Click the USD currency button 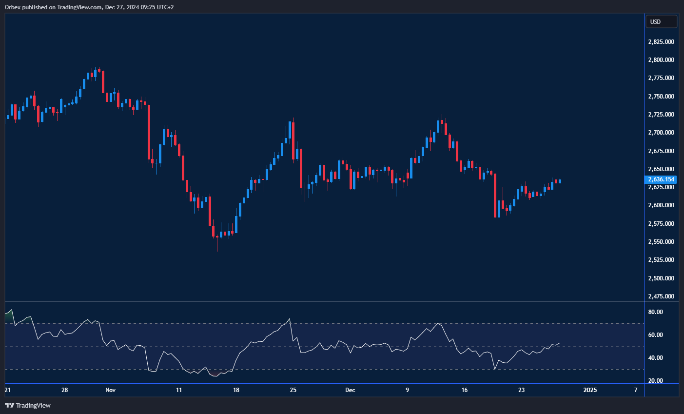tap(661, 21)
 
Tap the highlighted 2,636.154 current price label tap(661, 179)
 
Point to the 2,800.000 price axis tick tap(661, 60)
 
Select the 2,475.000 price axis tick tap(661, 296)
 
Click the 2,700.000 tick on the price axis tap(661, 133)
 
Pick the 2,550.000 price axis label tap(661, 242)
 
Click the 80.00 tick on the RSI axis tap(656, 312)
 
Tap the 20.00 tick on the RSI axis tap(656, 381)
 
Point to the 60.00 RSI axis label tap(656, 335)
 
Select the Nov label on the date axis tap(111, 390)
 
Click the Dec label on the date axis tap(350, 390)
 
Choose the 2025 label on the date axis tap(590, 390)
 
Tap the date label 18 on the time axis tap(236, 390)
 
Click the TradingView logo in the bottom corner tap(28, 405)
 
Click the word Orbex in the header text tap(13, 7)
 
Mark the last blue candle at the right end tap(560, 181)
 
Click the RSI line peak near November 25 tap(290, 319)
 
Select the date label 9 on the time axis tap(407, 390)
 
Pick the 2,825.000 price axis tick tap(661, 42)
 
